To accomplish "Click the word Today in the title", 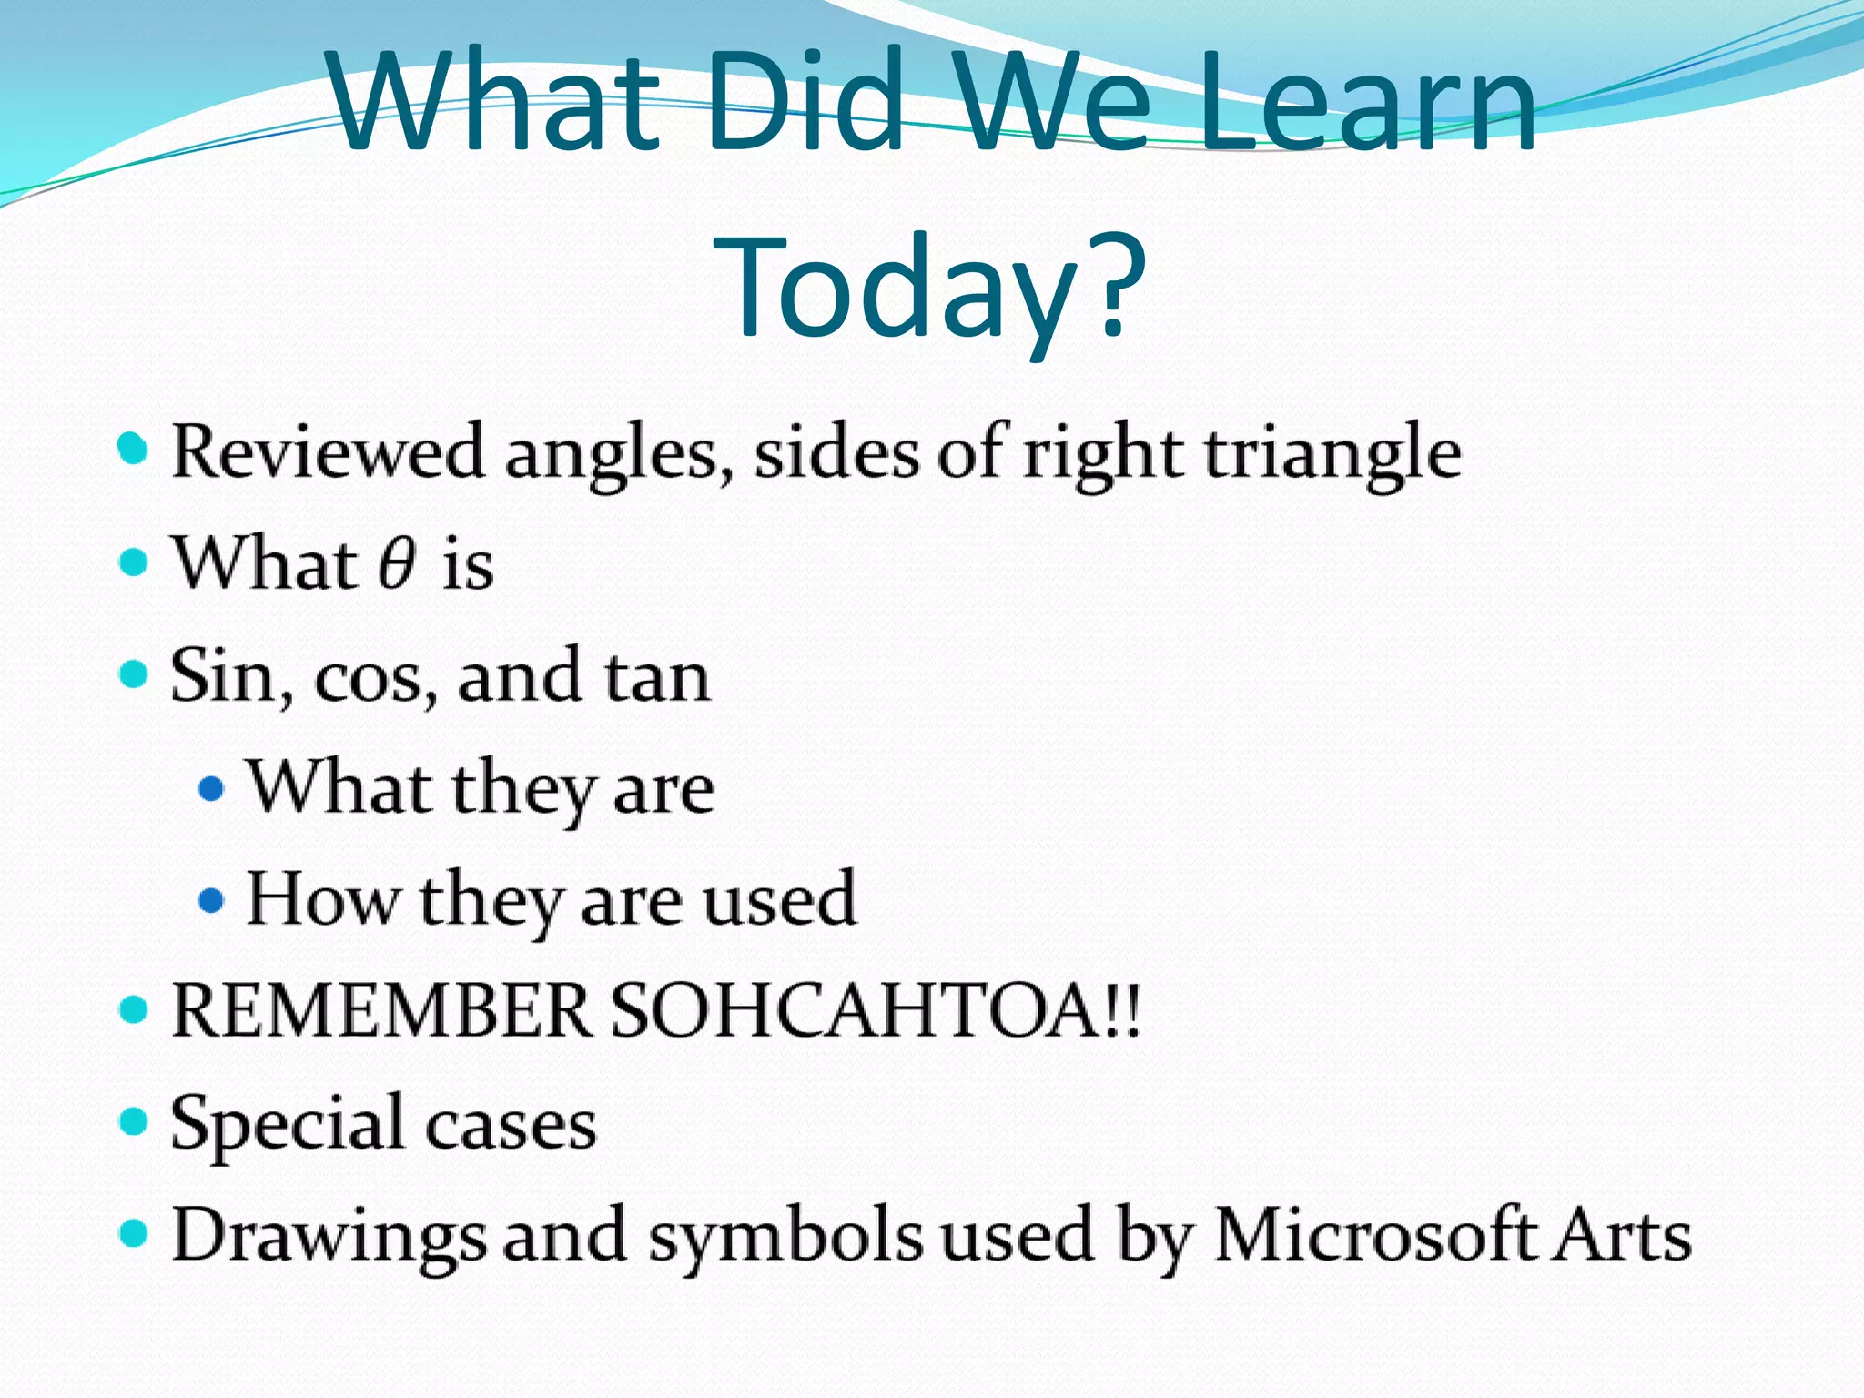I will coord(897,287).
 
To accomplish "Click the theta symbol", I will coord(398,563).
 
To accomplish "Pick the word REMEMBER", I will coord(381,1011).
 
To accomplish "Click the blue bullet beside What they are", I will coord(210,788).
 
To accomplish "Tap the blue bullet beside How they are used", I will coord(210,901).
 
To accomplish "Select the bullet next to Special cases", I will coord(134,1122).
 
